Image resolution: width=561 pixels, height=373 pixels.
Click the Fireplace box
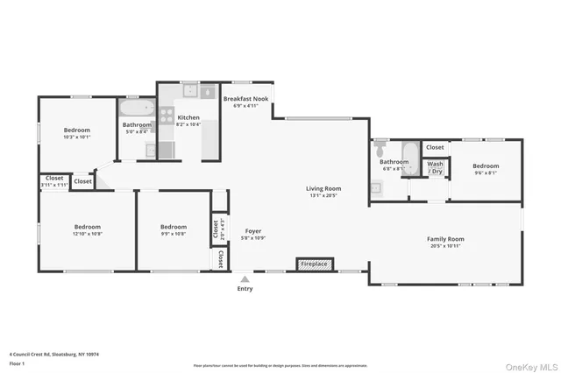315,263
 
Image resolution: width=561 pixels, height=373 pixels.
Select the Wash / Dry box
435,167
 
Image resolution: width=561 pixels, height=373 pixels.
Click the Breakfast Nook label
245,99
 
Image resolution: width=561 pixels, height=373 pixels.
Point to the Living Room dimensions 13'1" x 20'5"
323,196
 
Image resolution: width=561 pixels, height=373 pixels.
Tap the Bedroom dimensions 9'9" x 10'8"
173,234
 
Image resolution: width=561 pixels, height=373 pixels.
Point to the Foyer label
253,231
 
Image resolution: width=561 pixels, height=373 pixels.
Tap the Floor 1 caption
18,362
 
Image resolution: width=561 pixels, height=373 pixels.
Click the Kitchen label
188,117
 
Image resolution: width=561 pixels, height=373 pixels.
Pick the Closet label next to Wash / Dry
434,147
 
